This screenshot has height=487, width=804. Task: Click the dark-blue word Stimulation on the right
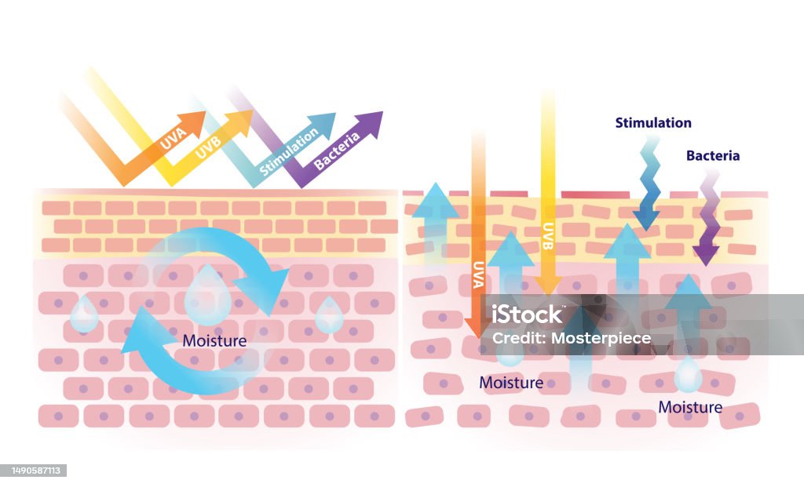pos(653,123)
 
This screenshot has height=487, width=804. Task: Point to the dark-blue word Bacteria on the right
pos(713,155)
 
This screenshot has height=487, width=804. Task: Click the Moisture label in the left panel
pos(214,341)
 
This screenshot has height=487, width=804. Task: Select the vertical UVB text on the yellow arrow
pos(547,235)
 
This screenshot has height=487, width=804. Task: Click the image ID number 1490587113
pos(35,471)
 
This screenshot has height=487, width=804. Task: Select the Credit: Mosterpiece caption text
pos(571,338)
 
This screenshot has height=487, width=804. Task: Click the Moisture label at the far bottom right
pos(690,407)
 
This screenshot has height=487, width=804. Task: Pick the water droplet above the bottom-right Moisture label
pos(688,376)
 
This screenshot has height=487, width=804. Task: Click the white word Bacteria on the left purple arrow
pos(336,152)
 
